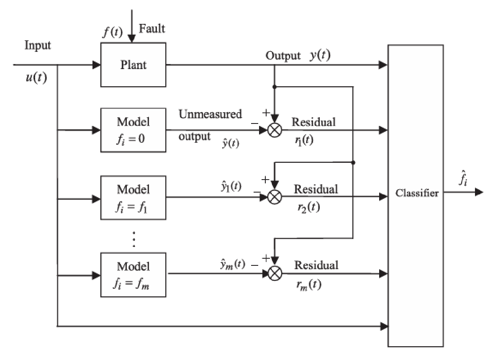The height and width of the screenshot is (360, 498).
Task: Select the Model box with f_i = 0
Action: pos(133,130)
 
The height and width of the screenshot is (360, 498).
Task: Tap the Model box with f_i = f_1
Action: pos(133,198)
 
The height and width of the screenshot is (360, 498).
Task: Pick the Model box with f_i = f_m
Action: pos(133,275)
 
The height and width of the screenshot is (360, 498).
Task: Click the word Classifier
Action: pos(417,193)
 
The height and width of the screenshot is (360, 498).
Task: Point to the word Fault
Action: pos(152,29)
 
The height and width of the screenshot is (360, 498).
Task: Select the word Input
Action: pos(38,45)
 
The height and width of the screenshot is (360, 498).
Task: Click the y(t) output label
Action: pos(320,56)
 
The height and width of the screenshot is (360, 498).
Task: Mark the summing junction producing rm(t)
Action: pos(275,274)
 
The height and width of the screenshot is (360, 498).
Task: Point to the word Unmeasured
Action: pos(210,114)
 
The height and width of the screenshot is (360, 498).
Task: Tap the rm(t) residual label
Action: pos(309,285)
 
